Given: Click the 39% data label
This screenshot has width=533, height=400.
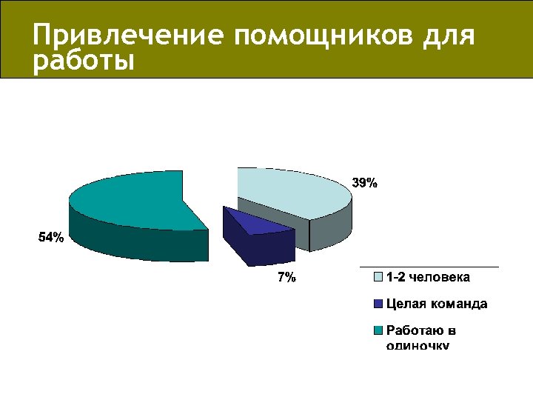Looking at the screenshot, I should (x=364, y=183).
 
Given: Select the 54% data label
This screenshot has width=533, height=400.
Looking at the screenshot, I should (x=51, y=238).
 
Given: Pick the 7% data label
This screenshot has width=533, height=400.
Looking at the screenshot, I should (x=286, y=278).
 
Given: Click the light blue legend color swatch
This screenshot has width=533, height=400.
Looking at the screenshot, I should (x=378, y=278).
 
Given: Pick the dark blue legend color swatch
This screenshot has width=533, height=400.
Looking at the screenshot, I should (x=378, y=304).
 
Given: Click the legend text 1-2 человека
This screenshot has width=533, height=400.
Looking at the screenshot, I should (x=428, y=277).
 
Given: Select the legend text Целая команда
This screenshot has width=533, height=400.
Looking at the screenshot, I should (x=436, y=304).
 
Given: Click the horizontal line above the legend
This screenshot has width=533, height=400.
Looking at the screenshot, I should (x=429, y=266).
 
